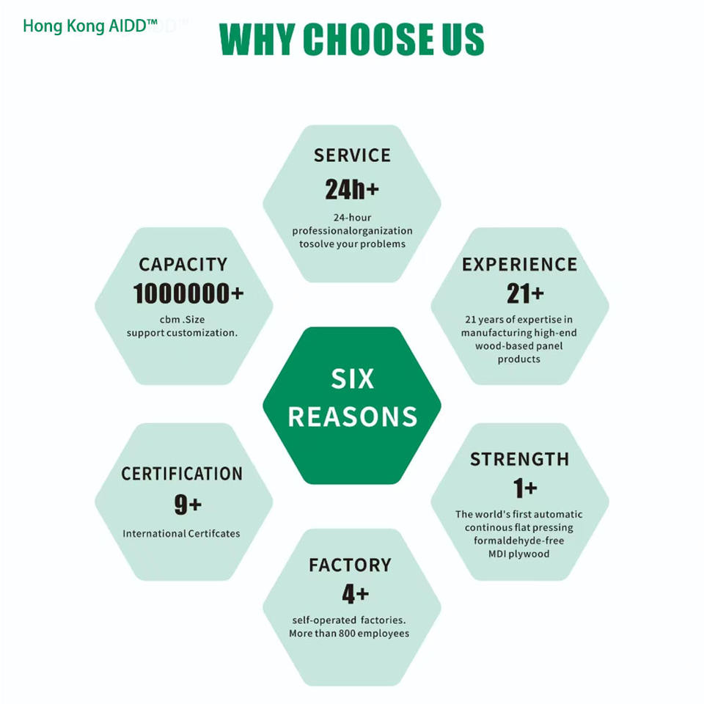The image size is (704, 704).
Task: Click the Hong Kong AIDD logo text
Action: click(90, 26)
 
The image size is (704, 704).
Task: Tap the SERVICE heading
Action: click(352, 155)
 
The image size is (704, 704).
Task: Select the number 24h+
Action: click(352, 189)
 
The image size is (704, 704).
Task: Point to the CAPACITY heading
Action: click(183, 264)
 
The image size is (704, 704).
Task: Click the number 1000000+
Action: click(188, 294)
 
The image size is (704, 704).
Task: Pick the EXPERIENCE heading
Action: click(519, 264)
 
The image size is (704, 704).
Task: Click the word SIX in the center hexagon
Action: click(352, 379)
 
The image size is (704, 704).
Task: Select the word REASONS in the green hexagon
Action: click(352, 417)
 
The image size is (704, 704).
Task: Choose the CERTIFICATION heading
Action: click(182, 474)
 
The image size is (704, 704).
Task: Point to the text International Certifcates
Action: click(181, 533)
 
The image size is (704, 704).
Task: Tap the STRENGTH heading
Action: click(519, 459)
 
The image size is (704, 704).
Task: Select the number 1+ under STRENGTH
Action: click(525, 488)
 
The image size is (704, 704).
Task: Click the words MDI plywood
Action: click(518, 554)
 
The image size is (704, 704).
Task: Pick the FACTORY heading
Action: click(350, 565)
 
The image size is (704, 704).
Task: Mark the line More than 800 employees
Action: click(349, 633)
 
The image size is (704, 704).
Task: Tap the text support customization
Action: click(182, 332)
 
